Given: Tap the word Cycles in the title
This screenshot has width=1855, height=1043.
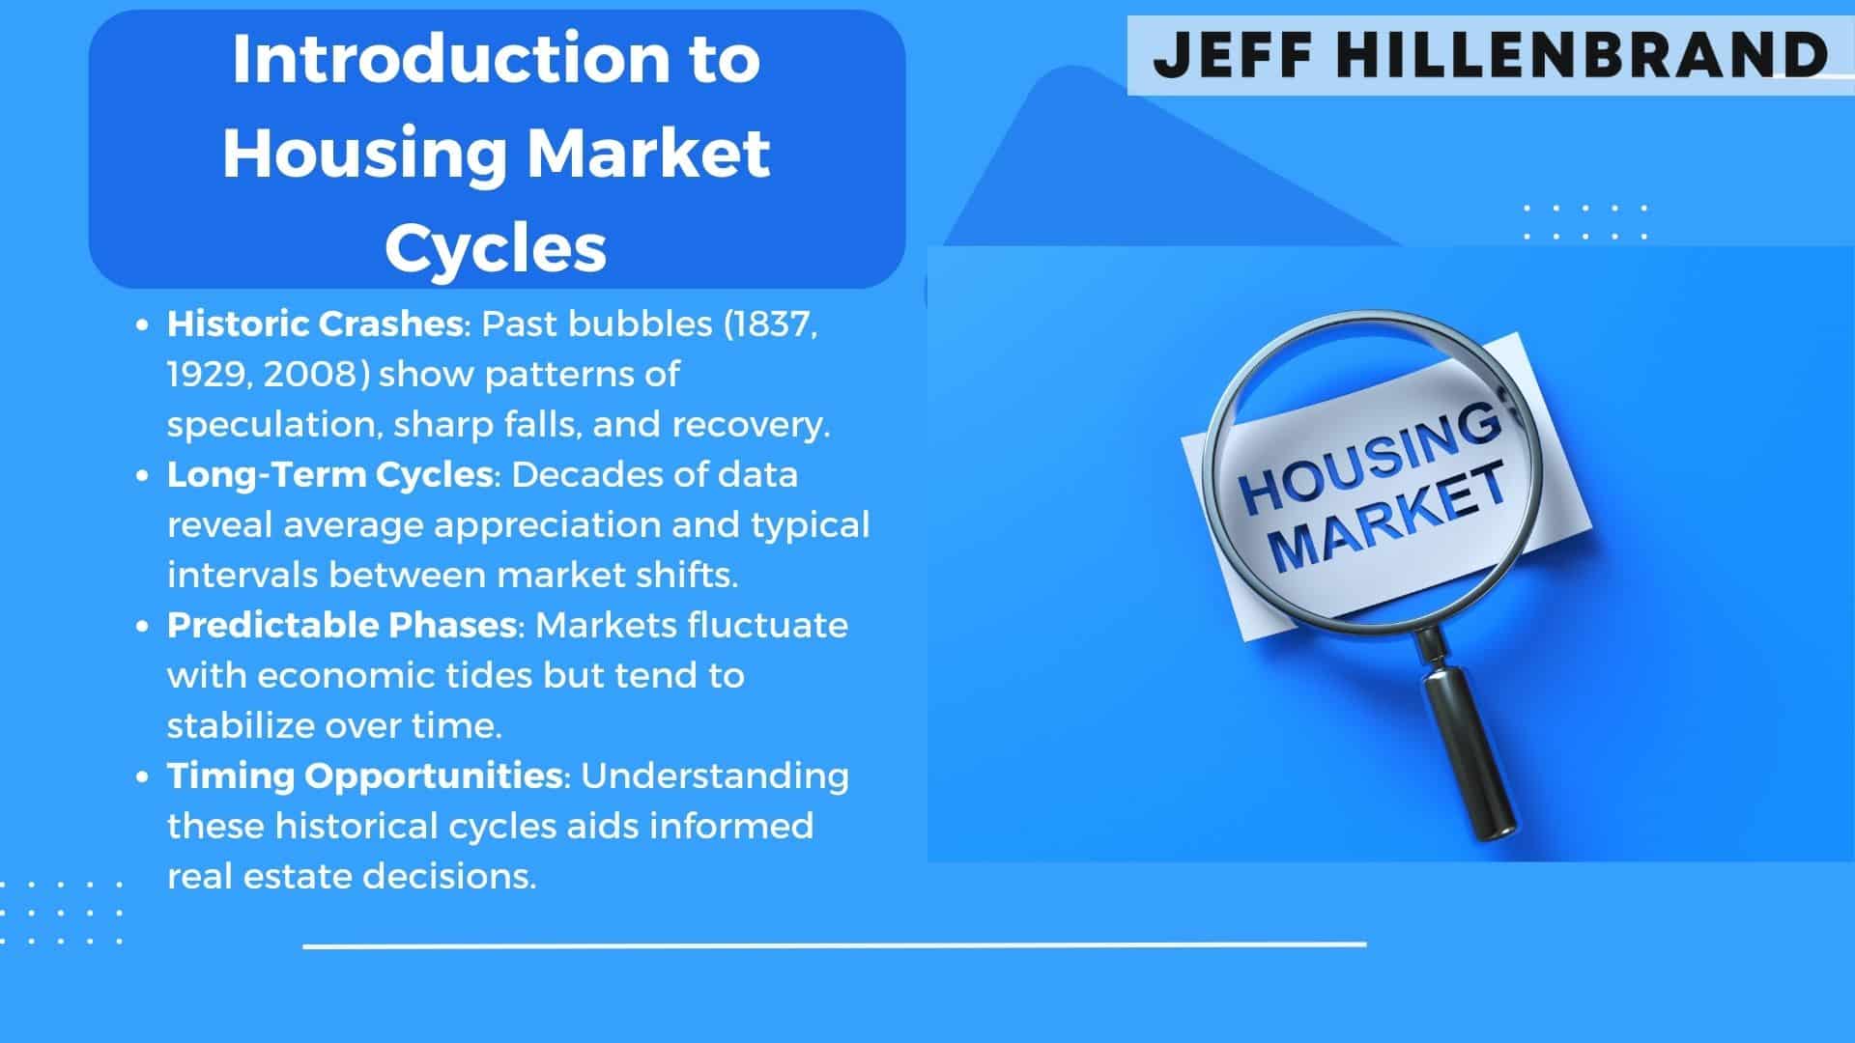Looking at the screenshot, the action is tap(496, 247).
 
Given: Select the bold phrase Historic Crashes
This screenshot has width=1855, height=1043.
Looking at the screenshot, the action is tap(315, 324).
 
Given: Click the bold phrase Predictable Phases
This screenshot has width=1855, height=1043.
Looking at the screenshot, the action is tap(342, 625).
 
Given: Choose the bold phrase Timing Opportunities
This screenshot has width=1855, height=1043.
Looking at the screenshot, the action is tap(365, 775).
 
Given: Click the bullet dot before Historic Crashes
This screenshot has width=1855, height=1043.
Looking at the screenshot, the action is tap(143, 325).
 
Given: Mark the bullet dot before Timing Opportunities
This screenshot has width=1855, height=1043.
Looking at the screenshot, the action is tap(143, 777).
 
